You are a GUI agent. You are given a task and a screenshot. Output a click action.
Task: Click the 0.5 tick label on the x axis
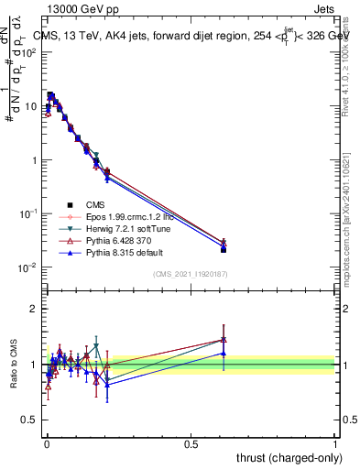(x=191, y=443)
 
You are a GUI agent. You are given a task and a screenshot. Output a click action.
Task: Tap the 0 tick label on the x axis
(x=47, y=443)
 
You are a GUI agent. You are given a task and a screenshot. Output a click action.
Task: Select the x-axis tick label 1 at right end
(x=335, y=443)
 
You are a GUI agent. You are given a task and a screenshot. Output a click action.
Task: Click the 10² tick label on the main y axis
(x=29, y=52)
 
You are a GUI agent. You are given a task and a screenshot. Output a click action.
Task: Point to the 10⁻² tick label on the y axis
(x=29, y=267)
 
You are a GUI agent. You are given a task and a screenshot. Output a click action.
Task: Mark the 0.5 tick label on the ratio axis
(x=29, y=420)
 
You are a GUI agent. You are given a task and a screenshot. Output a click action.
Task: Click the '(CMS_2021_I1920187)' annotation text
(x=191, y=274)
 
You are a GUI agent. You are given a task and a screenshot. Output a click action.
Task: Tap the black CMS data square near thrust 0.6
(x=224, y=249)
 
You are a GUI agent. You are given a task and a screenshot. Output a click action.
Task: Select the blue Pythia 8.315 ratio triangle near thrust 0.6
(x=224, y=353)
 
